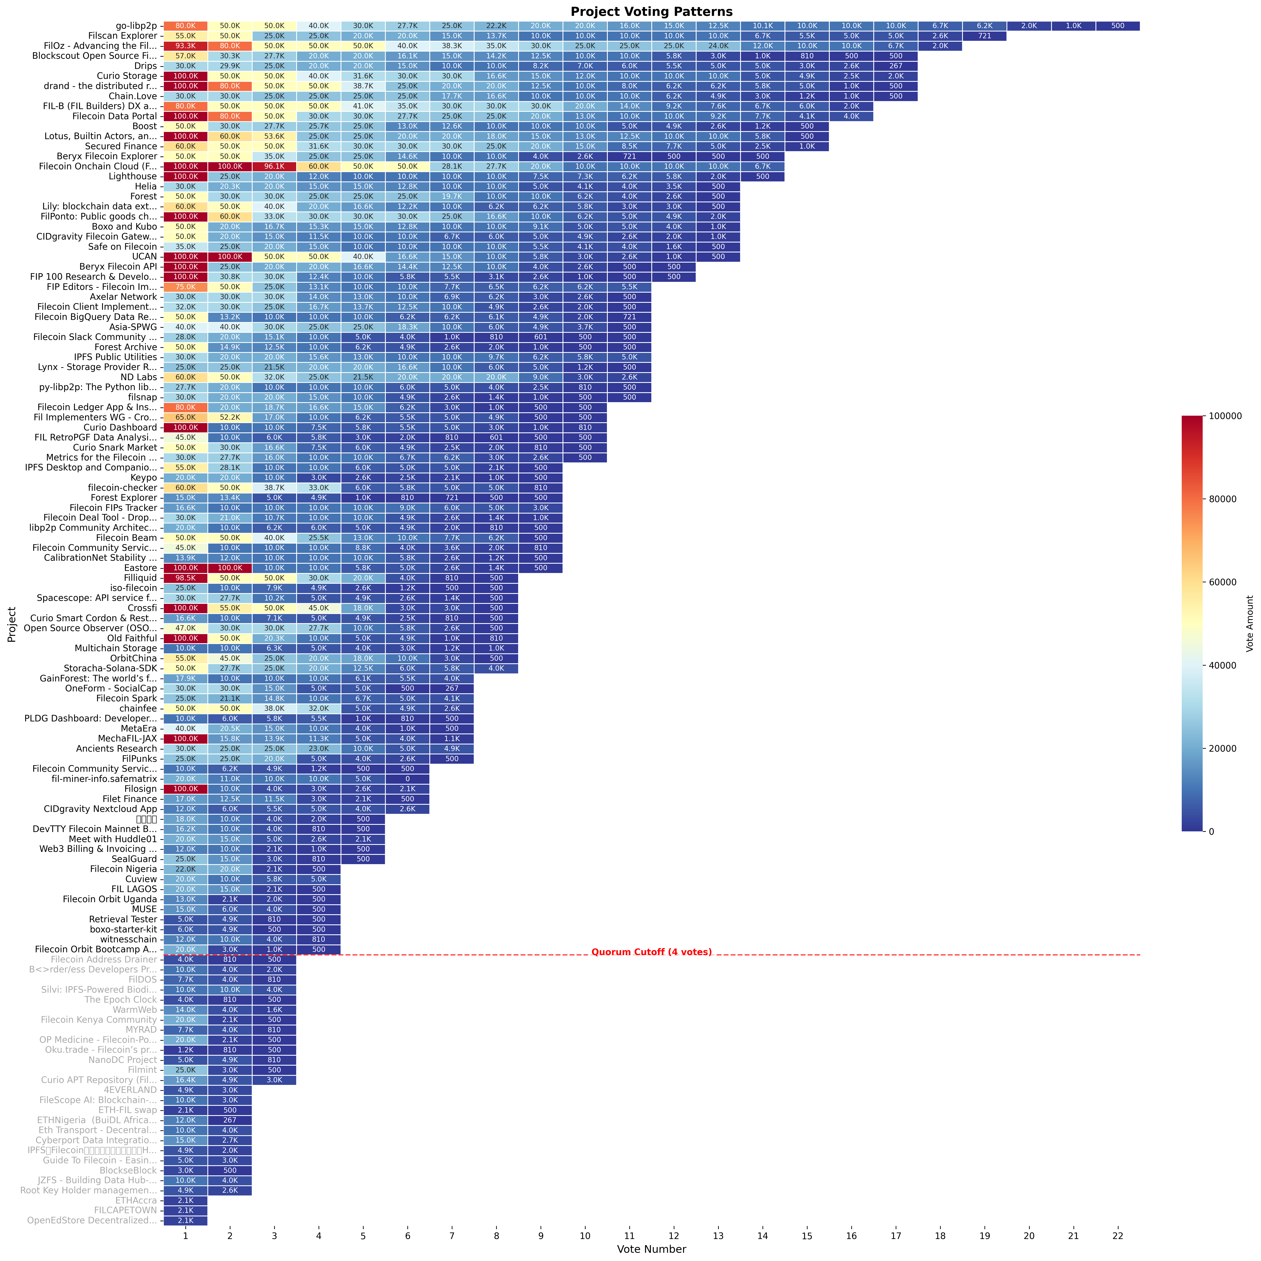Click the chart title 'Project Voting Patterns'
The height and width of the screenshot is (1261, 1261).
point(651,12)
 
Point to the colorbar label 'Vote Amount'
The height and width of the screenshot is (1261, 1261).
point(1249,623)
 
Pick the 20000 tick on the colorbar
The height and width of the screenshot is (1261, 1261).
point(1227,749)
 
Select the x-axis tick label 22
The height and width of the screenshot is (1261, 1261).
point(1117,1236)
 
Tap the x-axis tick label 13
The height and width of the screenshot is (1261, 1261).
point(718,1236)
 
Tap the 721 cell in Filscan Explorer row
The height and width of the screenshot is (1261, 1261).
point(984,36)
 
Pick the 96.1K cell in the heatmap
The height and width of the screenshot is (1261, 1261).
point(274,166)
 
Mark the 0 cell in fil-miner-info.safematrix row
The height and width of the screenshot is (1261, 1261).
point(407,779)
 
